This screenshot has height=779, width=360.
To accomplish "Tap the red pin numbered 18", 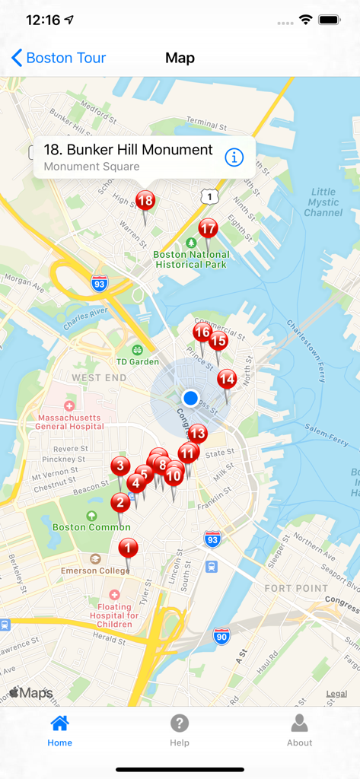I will tap(145, 202).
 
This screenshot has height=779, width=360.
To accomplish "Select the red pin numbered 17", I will tap(208, 228).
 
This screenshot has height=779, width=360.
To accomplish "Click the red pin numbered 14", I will tap(227, 379).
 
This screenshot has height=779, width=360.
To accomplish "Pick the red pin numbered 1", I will tap(128, 548).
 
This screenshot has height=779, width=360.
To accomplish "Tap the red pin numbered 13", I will tap(197, 434).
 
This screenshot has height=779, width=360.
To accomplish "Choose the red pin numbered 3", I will tap(119, 466).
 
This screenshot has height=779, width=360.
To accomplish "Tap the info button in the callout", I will tap(234, 157).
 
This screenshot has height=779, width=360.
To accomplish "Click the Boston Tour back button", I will tap(59, 58).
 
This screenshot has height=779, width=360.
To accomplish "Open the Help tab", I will tap(180, 730).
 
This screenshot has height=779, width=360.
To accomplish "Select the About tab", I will tap(299, 730).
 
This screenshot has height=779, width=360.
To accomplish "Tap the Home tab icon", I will tap(59, 723).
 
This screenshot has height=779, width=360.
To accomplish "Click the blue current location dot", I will tap(190, 398).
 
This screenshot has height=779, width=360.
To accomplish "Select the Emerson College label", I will tap(95, 571).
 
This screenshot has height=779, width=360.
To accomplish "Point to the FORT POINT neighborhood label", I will tap(296, 588).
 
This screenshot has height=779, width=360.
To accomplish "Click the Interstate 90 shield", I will tap(221, 636).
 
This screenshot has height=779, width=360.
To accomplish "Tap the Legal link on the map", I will tap(336, 694).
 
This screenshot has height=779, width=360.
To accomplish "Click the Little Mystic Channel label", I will tap(323, 202).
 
